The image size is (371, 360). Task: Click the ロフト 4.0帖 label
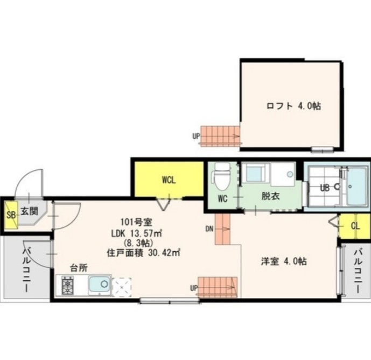coord(293,106)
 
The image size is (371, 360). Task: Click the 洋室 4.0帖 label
coord(284,261)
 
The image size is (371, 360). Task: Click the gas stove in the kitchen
coord(68,285)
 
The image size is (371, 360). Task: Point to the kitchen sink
coord(99,285)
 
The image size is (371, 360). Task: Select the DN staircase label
coord(209,229)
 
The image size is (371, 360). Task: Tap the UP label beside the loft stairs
coord(196,136)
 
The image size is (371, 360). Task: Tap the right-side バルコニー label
coord(358,269)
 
